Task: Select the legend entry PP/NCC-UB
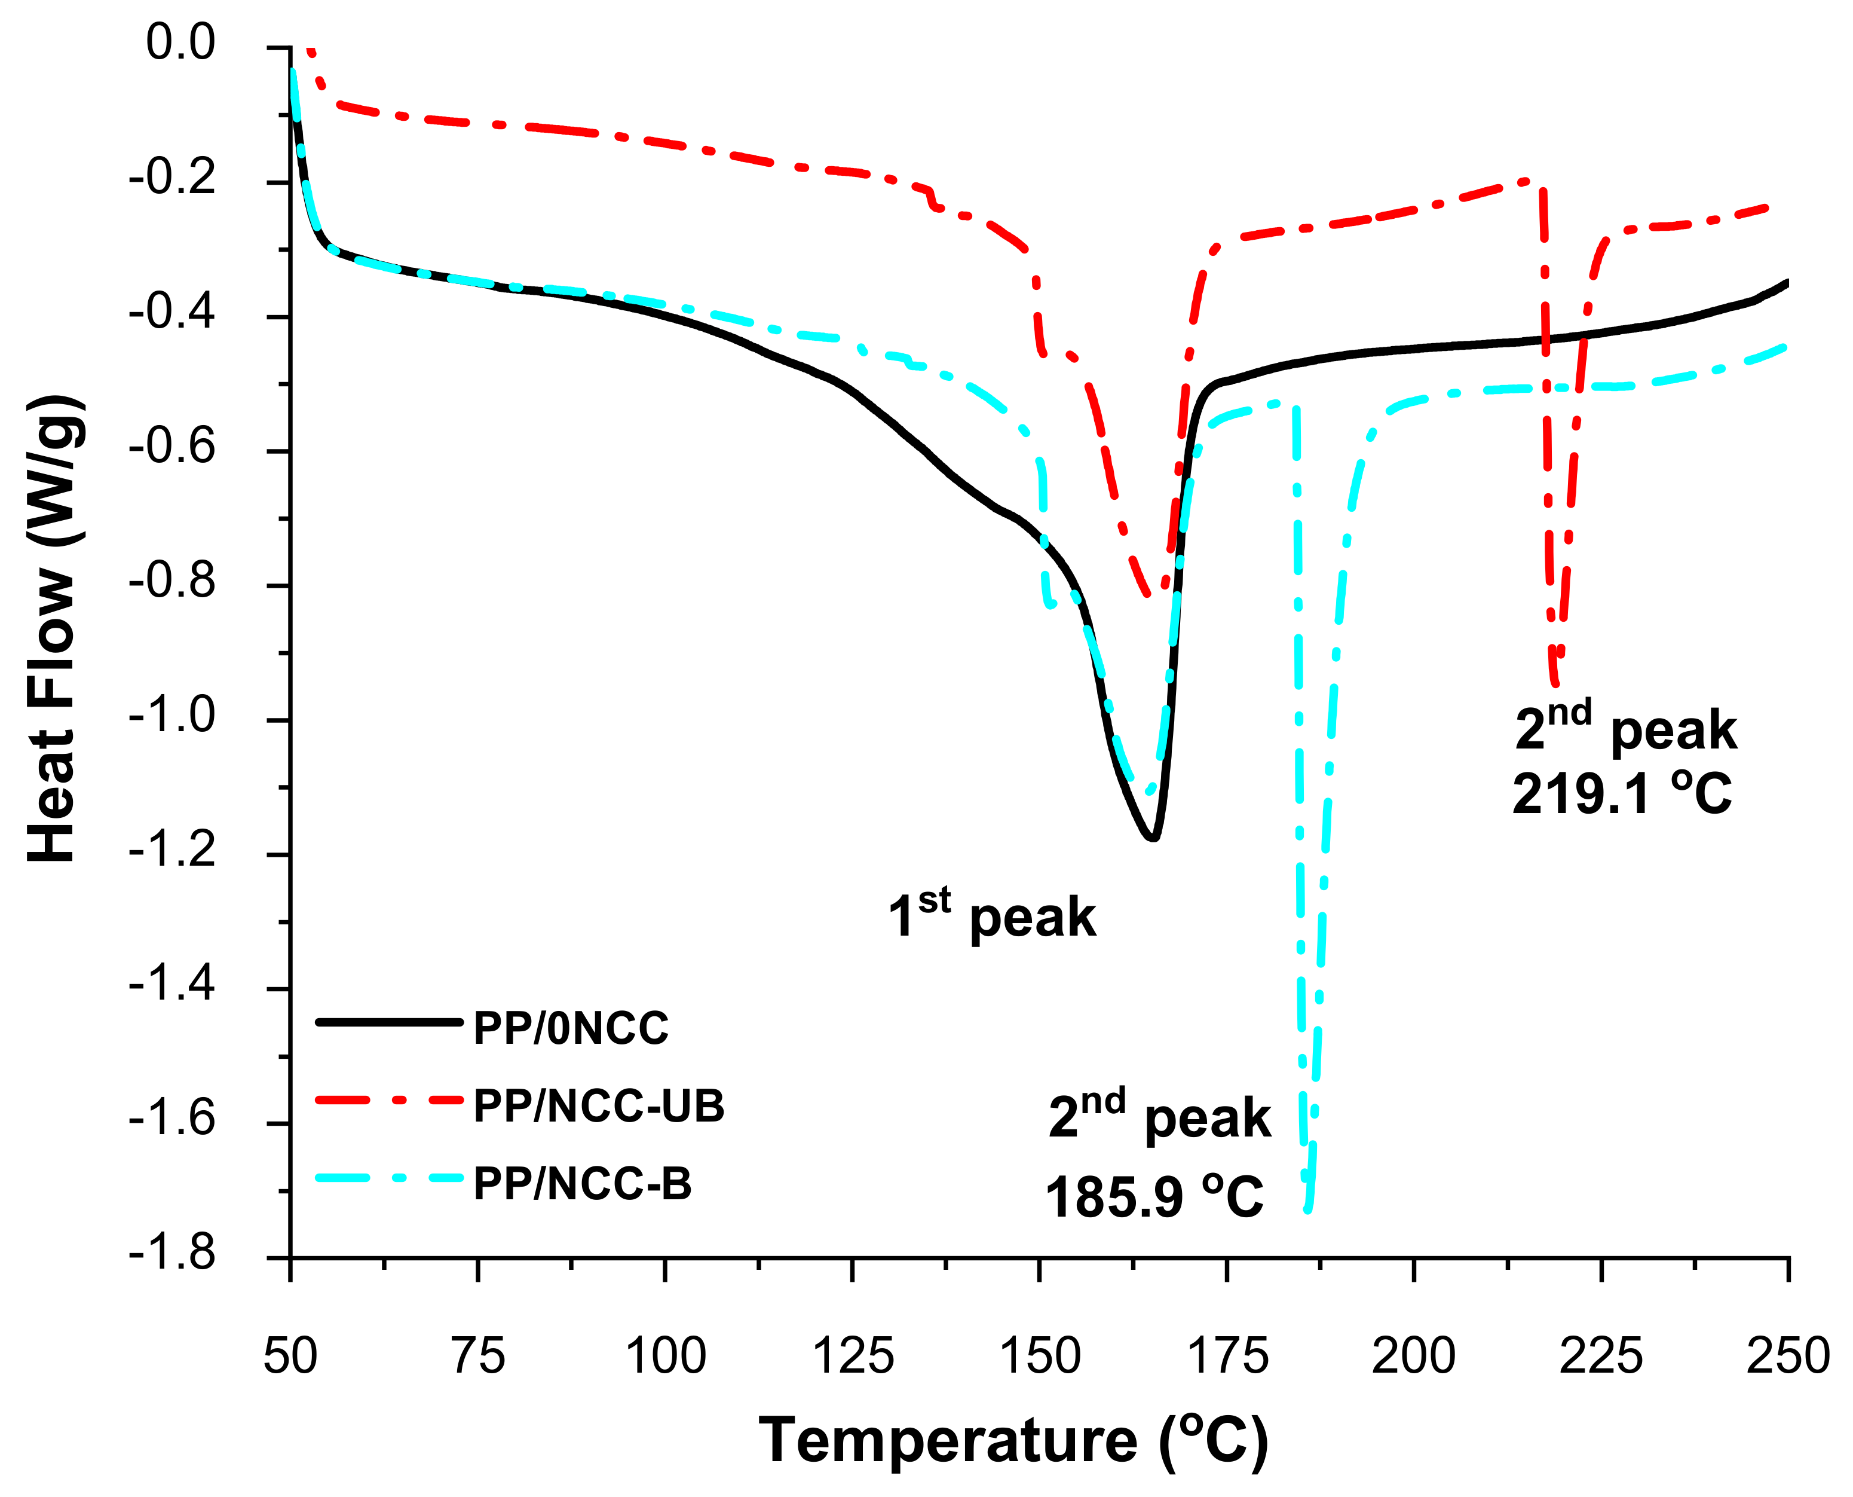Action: click(599, 1107)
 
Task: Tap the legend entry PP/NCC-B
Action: click(583, 1184)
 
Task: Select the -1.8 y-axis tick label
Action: click(171, 1253)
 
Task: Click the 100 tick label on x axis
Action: click(665, 1355)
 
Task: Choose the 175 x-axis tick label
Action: click(1227, 1355)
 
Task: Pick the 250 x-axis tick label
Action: click(1787, 1355)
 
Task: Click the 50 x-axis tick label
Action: click(290, 1355)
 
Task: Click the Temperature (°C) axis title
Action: click(1013, 1441)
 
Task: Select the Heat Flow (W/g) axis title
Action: click(53, 629)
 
